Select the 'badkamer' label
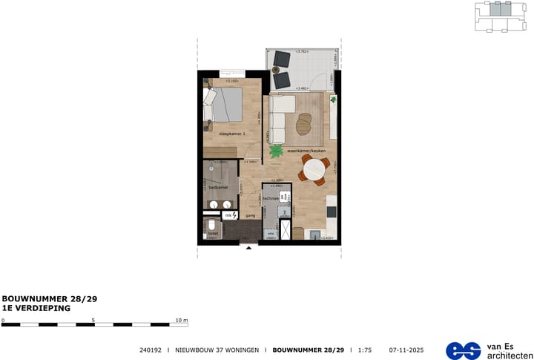217,189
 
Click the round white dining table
314,172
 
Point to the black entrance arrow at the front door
248,247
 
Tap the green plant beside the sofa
276,151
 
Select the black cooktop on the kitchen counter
332,212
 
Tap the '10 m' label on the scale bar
182,321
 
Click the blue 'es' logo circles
463,350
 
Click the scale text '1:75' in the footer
365,350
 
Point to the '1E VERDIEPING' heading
36,307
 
